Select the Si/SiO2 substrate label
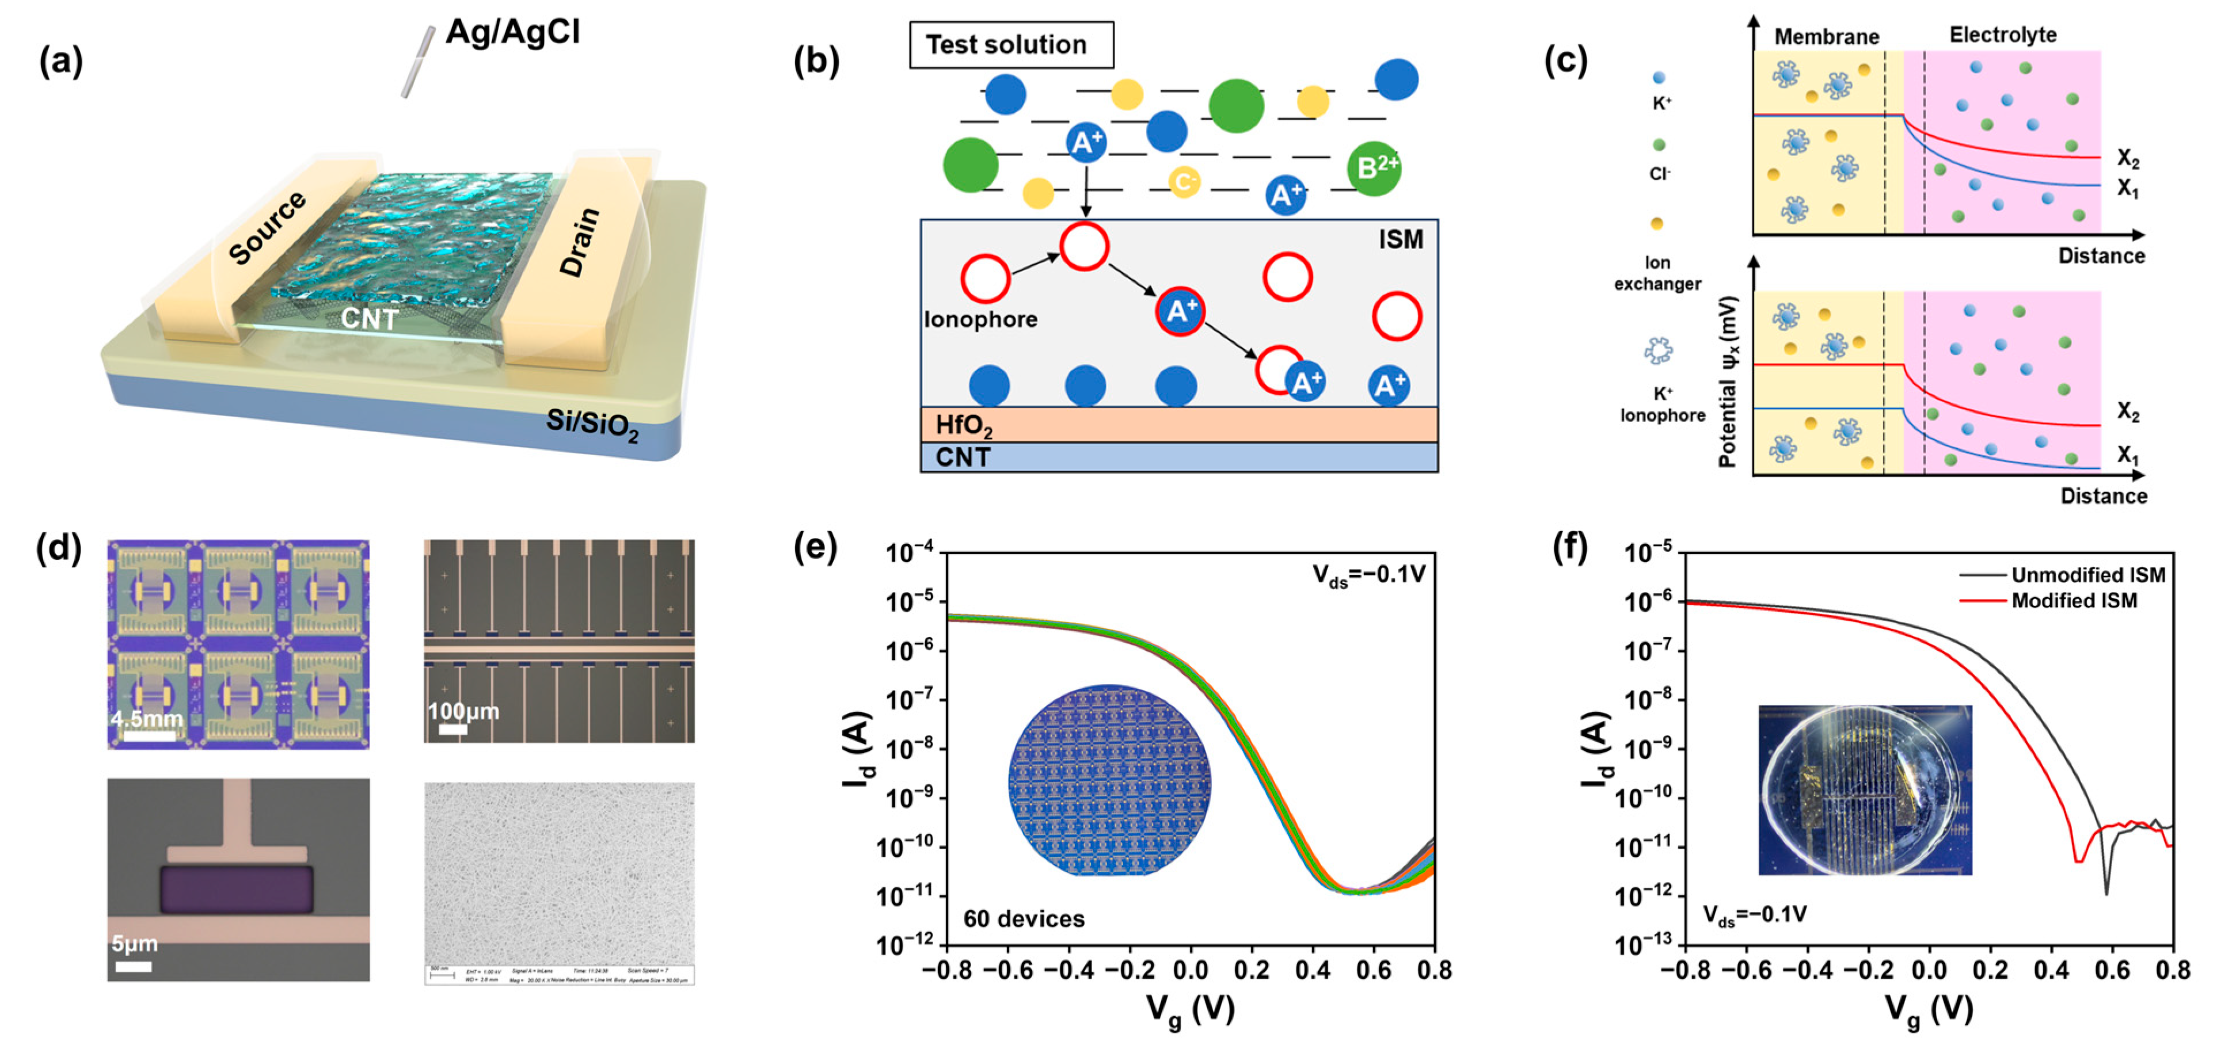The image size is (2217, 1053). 592,424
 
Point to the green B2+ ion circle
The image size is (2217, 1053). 1374,168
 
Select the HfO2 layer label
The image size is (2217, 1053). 963,425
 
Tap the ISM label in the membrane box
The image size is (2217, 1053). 1400,240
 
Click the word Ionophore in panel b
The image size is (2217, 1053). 980,319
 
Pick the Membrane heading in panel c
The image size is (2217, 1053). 1826,37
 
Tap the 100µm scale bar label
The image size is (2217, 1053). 463,711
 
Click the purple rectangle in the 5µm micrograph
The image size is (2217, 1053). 237,888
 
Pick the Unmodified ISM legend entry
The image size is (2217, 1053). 2087,575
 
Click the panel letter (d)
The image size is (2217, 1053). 59,547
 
